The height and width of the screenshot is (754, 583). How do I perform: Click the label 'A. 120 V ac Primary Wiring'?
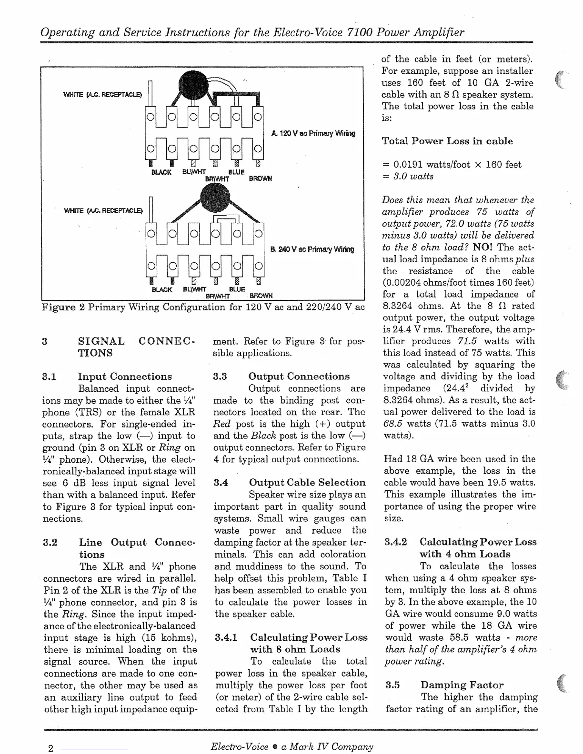click(x=313, y=134)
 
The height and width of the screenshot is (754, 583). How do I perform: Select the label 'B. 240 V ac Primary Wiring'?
click(x=312, y=249)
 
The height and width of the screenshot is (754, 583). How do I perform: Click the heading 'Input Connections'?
click(x=125, y=377)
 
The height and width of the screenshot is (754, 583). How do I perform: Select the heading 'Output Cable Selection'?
click(x=307, y=483)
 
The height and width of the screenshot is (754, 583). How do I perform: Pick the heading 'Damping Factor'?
click(x=462, y=685)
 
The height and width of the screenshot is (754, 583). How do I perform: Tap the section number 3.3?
click(x=220, y=377)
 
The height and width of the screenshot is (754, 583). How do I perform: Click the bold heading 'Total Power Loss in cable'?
click(x=447, y=141)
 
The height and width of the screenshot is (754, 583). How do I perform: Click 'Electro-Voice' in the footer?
click(x=240, y=747)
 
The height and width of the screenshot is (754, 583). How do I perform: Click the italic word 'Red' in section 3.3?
click(x=222, y=424)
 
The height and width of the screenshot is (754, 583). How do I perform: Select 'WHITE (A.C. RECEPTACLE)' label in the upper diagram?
click(x=102, y=95)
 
